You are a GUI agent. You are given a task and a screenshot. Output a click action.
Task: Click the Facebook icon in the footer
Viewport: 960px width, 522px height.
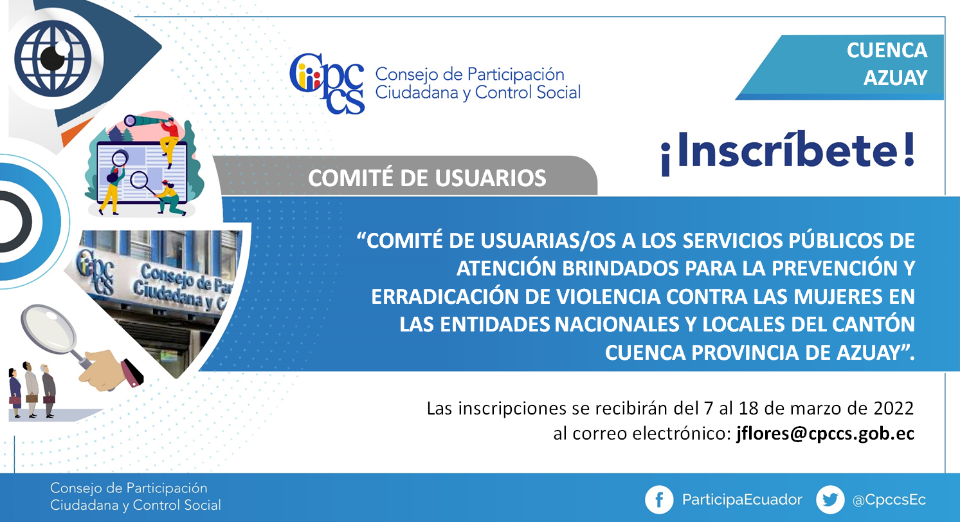coord(659,499)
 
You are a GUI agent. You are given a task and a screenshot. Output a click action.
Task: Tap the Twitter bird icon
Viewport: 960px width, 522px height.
coord(830,499)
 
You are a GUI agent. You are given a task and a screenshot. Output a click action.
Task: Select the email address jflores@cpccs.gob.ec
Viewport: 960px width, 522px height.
coord(826,434)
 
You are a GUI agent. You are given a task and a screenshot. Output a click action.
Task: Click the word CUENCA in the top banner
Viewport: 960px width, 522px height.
coord(887,51)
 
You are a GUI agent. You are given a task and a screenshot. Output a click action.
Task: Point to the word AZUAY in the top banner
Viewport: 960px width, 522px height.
coord(895,78)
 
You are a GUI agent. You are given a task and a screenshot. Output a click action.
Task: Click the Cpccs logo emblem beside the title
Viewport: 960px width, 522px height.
coord(327,83)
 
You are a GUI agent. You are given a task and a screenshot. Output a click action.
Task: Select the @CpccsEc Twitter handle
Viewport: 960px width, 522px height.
coord(889,499)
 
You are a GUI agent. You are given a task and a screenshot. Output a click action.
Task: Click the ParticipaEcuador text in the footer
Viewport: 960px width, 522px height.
coord(742,499)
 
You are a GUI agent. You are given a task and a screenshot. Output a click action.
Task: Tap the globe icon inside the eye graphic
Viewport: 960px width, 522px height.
coord(53,59)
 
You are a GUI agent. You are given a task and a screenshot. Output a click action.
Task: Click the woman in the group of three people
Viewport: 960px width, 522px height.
coord(15,393)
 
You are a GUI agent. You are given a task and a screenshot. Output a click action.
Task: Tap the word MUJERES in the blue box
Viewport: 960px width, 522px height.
coord(838,297)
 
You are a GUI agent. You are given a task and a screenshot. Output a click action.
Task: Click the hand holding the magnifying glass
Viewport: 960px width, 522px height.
coord(110,369)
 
